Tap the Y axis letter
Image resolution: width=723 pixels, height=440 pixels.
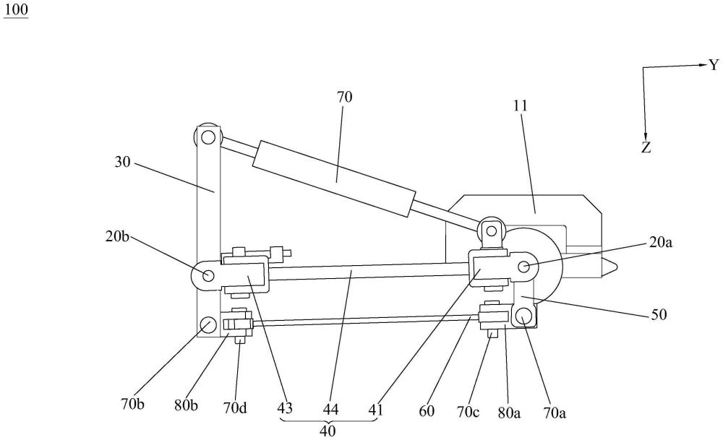point(713,65)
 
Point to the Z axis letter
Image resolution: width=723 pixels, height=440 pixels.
point(646,147)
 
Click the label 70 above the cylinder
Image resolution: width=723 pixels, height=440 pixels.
point(344,97)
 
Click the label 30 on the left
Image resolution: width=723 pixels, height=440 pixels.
point(124,163)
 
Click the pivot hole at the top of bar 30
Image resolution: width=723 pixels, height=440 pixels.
point(208,136)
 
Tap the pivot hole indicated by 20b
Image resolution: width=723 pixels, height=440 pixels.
point(208,275)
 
